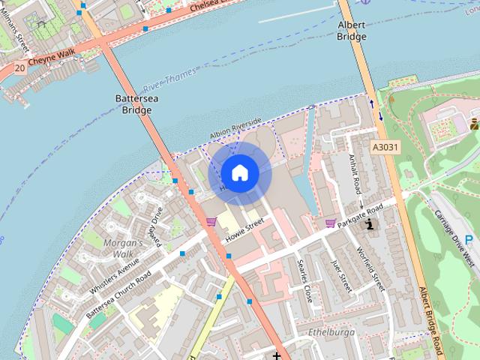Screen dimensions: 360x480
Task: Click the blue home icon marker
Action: tap(238, 173)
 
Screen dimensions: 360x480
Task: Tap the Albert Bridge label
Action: tap(352, 30)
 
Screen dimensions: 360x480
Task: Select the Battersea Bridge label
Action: tap(134, 104)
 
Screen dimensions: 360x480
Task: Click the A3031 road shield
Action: tap(384, 148)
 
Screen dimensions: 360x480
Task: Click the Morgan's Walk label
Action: tap(123, 249)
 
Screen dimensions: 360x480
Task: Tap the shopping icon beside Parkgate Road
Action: tap(331, 223)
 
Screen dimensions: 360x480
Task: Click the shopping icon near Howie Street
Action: tap(211, 221)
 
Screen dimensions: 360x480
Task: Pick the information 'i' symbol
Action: tap(369, 224)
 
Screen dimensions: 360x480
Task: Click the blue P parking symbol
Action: tap(469, 240)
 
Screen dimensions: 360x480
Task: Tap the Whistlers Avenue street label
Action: tap(114, 275)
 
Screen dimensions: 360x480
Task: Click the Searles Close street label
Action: tap(305, 281)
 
